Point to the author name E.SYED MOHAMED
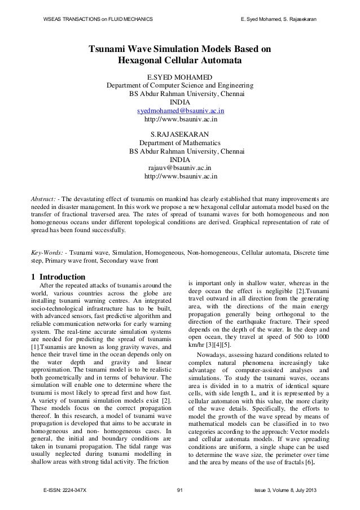click(x=179, y=77)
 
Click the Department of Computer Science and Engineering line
click(x=179, y=86)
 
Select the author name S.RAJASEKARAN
click(x=179, y=134)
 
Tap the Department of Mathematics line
click(x=179, y=143)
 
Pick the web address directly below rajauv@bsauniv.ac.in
click(x=179, y=177)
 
